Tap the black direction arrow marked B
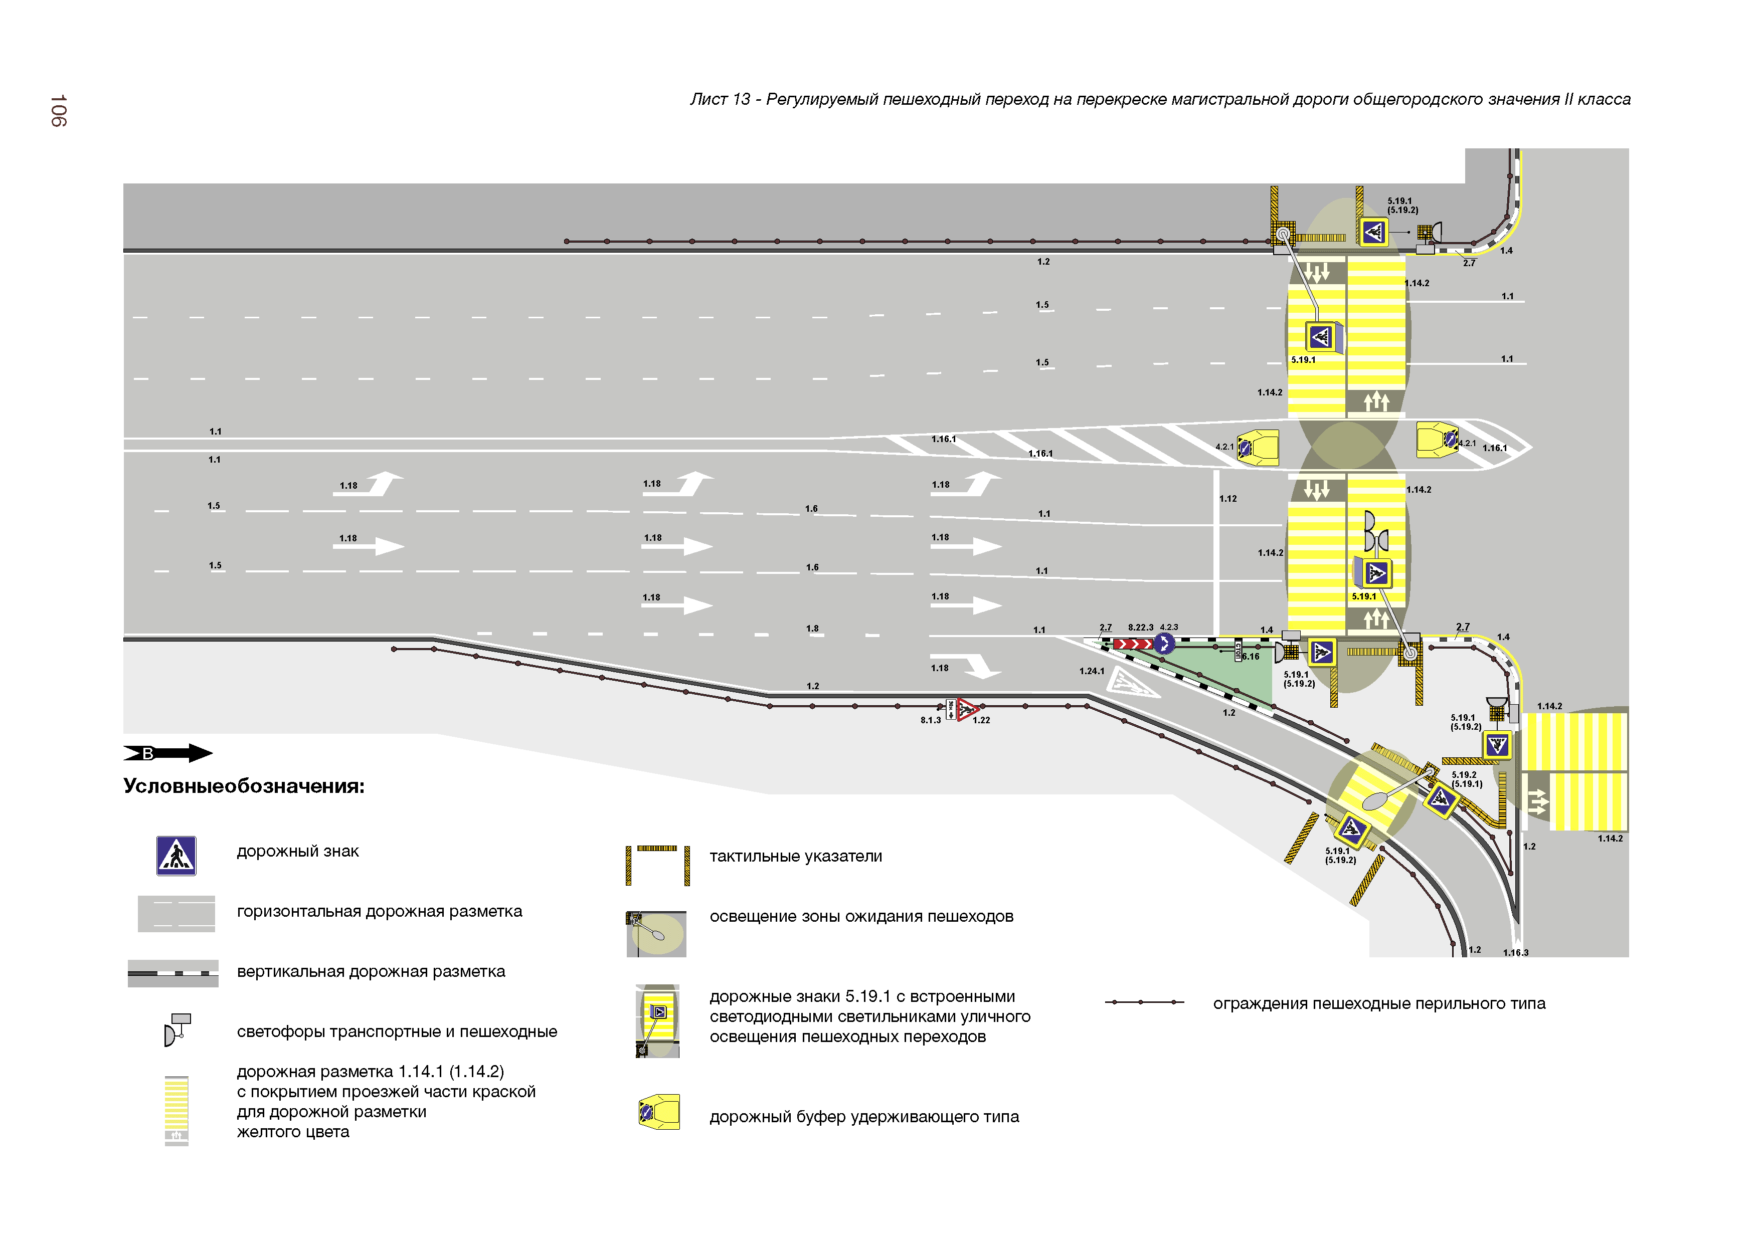point(168,753)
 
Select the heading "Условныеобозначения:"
point(244,786)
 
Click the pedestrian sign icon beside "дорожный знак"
point(176,856)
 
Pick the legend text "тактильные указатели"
point(795,856)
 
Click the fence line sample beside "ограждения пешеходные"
point(1144,1002)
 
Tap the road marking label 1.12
point(1228,499)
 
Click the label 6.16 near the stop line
point(1250,657)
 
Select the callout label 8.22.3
point(1140,627)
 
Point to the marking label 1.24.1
point(1092,671)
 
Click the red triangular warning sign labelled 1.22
point(967,709)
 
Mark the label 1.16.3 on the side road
point(1515,953)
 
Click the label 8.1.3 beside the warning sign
point(930,720)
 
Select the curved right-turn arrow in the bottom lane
point(981,666)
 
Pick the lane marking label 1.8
point(812,629)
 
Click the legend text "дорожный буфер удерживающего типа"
point(863,1117)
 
